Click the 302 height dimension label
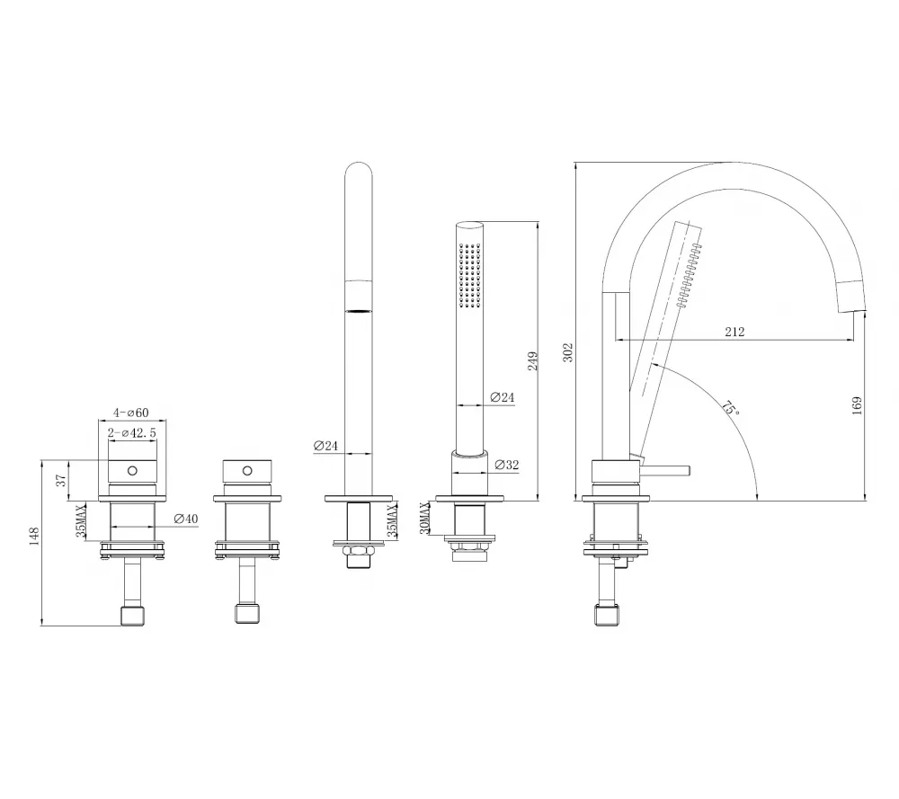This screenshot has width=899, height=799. [567, 352]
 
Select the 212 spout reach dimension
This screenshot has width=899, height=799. [734, 332]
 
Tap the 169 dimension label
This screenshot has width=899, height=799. [857, 406]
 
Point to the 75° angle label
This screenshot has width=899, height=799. [730, 408]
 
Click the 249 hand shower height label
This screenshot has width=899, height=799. [532, 361]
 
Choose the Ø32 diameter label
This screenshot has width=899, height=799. [506, 465]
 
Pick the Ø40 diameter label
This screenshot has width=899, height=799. [186, 519]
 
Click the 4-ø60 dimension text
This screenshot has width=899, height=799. [130, 413]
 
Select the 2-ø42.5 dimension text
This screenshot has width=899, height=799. [132, 432]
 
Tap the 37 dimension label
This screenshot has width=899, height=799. [61, 480]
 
